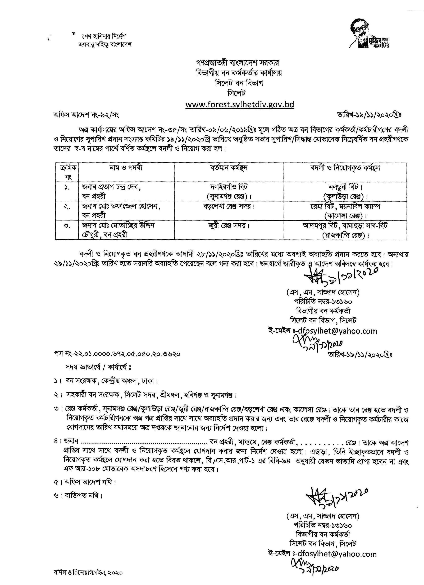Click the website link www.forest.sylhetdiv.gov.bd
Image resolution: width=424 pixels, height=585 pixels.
pos(240,105)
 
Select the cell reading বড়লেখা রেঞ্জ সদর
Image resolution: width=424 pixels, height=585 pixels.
pos(229,207)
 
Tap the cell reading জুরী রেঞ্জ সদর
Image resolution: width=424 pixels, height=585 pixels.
pos(229,226)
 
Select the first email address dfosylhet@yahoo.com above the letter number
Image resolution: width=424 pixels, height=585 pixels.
pos(337,331)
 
